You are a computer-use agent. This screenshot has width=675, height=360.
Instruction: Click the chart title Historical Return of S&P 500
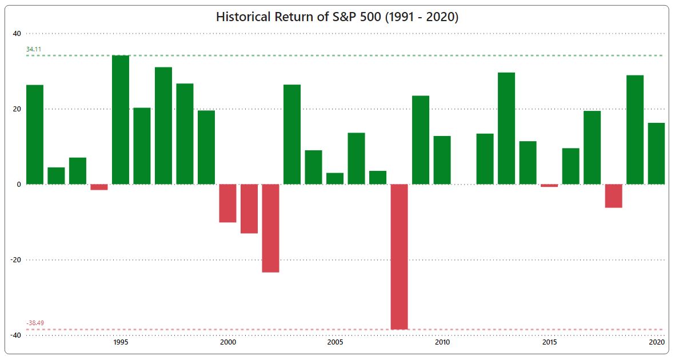[x=337, y=17]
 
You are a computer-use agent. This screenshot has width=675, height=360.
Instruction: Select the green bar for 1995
[x=121, y=120]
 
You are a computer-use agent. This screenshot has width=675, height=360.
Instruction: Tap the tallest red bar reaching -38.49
[x=399, y=257]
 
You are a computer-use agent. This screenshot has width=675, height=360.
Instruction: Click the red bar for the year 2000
[x=227, y=203]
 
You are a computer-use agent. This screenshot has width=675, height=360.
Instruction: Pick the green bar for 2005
[x=335, y=178]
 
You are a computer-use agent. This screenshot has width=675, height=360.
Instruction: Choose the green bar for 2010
[x=442, y=160]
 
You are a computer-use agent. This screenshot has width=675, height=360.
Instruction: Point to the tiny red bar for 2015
[x=549, y=186]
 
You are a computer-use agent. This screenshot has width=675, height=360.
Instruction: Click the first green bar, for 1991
[x=35, y=134]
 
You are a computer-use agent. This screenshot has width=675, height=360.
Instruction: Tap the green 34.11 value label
[x=34, y=50]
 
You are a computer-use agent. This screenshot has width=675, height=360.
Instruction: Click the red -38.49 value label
[x=35, y=323]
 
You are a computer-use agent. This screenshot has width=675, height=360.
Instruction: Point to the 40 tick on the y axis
[x=17, y=33]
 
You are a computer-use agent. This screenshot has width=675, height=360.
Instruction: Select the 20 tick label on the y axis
[x=17, y=109]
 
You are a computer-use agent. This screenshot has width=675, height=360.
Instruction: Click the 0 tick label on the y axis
[x=18, y=184]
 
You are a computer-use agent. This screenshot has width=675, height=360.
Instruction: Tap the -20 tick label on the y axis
[x=15, y=259]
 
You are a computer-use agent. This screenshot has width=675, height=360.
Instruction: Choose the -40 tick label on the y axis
[x=15, y=335]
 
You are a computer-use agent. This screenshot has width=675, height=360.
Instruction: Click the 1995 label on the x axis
[x=121, y=342]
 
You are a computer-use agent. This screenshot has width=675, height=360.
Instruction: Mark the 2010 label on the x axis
[x=442, y=342]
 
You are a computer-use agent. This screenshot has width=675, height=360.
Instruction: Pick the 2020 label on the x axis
[x=657, y=342]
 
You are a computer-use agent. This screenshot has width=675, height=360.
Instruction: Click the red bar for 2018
[x=613, y=195]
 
